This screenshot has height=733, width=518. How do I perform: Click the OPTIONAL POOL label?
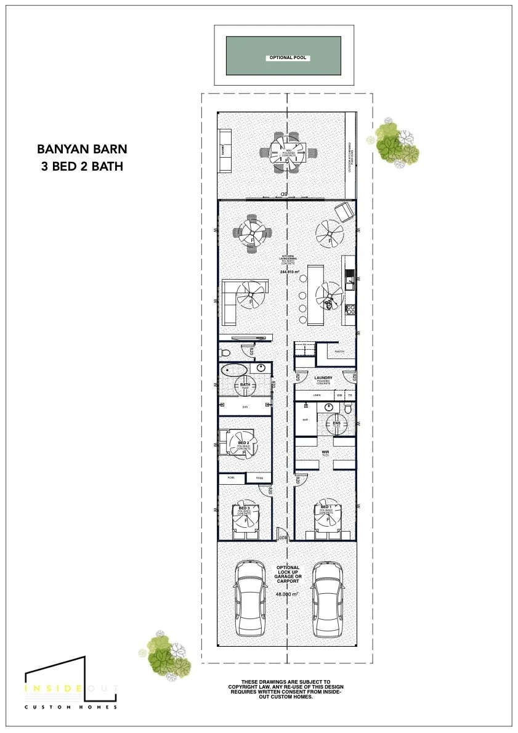[288, 58]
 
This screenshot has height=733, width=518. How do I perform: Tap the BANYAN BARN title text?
[82, 148]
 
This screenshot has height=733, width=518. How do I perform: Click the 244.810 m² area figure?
[289, 272]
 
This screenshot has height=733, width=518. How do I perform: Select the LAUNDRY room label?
[323, 378]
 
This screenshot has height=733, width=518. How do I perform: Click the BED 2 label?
[243, 443]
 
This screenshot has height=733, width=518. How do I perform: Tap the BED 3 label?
[244, 508]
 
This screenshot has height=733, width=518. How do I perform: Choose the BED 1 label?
[326, 508]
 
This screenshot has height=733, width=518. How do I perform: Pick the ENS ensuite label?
[336, 423]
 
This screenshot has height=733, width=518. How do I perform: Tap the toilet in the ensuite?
[349, 408]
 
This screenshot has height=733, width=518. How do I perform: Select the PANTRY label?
[339, 352]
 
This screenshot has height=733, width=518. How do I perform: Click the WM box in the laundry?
[339, 395]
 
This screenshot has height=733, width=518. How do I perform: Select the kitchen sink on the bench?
[349, 282]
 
